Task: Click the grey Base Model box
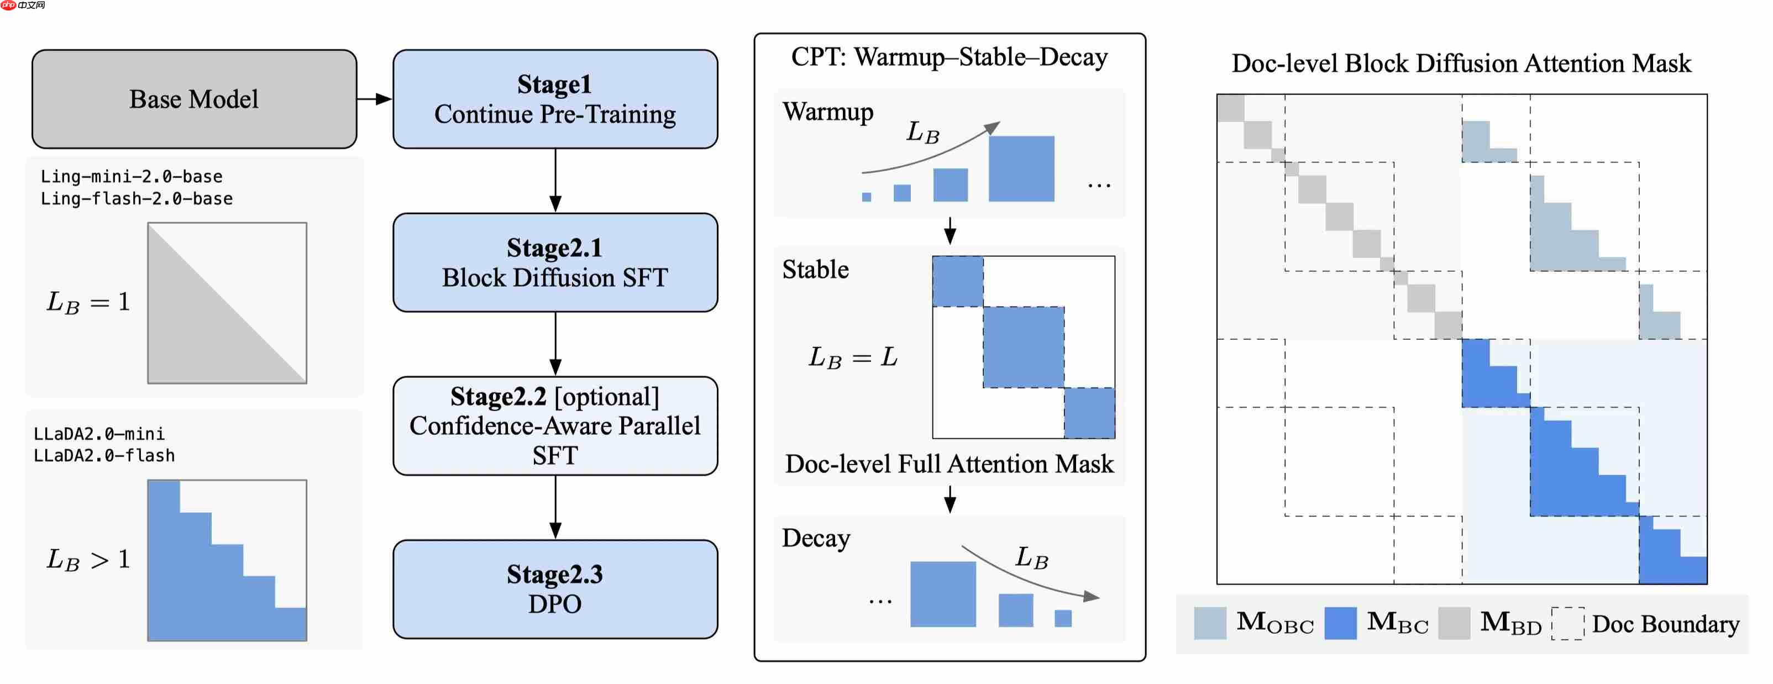pos(194,99)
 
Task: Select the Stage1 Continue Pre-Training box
pos(555,99)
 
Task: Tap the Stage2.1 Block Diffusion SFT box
pos(555,262)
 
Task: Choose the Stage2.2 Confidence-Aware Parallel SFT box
pos(555,425)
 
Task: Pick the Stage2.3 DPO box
pos(555,589)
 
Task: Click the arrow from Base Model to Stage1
pos(375,99)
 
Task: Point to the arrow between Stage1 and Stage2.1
pos(555,180)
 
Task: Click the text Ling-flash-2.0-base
pos(137,199)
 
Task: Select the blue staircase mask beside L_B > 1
pos(207,578)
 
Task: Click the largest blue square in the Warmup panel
pos(1021,169)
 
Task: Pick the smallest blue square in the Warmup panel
pos(867,197)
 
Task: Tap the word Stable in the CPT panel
pos(816,270)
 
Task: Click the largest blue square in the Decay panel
pos(942,594)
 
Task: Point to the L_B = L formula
pos(852,357)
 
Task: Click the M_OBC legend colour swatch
pos(1209,623)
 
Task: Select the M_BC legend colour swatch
pos(1340,623)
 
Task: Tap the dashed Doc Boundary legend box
pos(1567,623)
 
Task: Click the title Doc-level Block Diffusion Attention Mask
pos(1461,64)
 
